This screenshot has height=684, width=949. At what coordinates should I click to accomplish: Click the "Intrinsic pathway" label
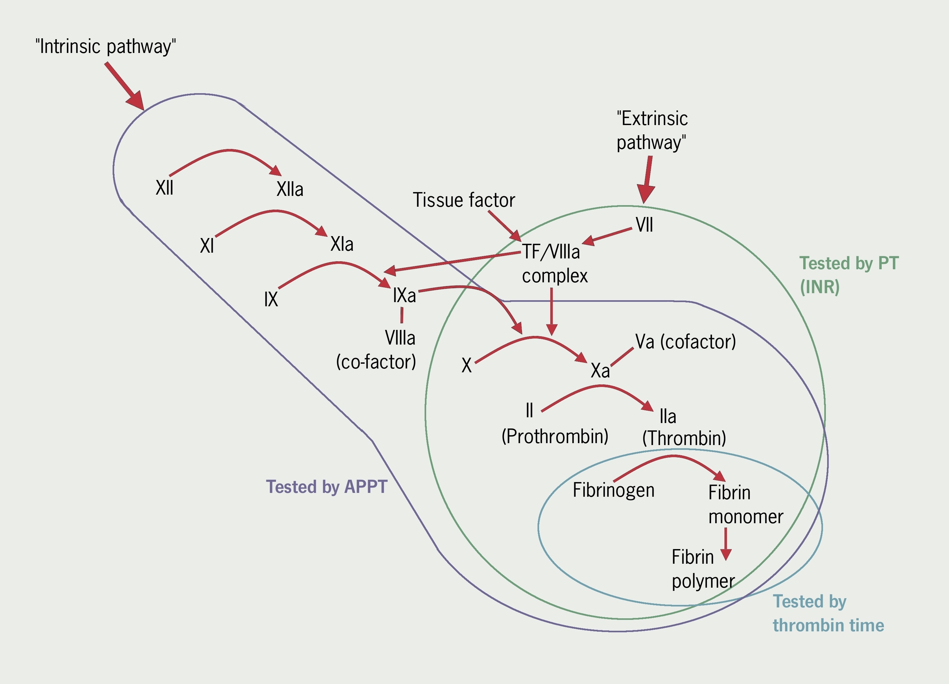pos(106,47)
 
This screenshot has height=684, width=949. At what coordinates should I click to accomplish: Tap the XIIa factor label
pos(290,189)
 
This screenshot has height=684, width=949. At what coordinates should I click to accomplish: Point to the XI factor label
pos(207,246)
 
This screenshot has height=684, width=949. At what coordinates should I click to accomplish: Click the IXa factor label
pos(404,295)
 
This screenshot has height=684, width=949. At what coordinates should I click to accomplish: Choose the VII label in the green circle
pos(644,225)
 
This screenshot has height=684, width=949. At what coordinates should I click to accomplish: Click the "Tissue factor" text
pos(463,200)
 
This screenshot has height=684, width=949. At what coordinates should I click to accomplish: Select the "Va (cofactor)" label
pos(685,342)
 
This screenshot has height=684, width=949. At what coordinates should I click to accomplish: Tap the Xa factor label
pos(600,370)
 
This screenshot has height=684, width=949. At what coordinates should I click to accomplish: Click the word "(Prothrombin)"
pos(554,437)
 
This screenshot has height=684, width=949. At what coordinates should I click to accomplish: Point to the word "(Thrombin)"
pos(684,438)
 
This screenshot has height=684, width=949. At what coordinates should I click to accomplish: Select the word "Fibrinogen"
pos(613,490)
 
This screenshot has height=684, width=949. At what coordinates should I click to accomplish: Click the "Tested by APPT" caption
pos(326,487)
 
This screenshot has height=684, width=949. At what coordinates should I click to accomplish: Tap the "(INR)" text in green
pos(819,287)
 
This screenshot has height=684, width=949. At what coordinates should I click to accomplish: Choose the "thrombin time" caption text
pos(828,625)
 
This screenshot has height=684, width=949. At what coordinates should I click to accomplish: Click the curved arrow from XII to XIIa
pos(228,151)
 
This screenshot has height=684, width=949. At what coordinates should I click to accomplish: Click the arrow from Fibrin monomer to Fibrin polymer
pos(726,543)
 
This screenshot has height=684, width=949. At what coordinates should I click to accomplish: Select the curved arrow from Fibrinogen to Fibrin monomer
pos(672,457)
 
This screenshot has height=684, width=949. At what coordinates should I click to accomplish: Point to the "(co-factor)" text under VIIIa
pos(376,362)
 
